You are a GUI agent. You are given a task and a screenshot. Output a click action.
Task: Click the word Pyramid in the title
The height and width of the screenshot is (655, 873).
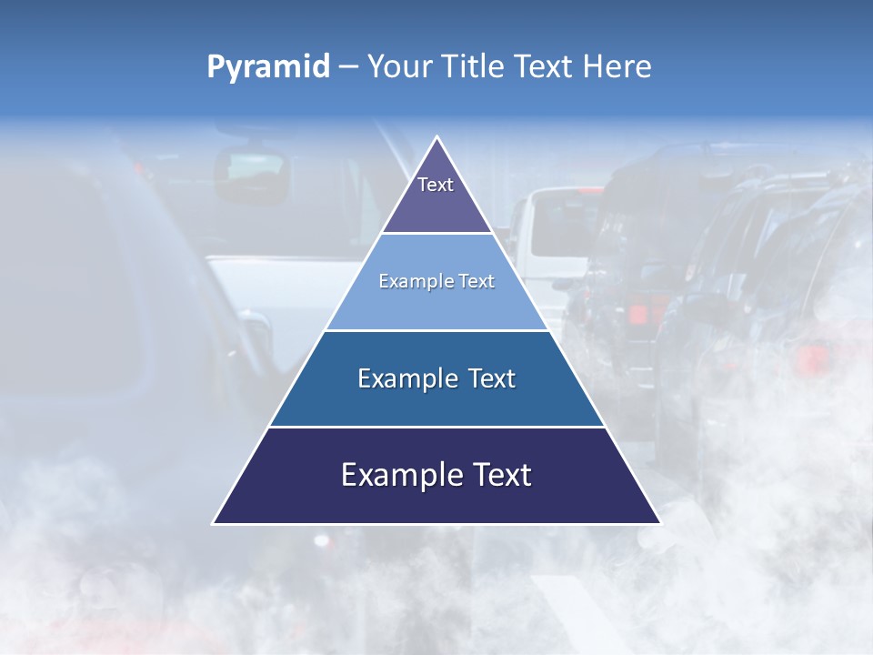tap(268, 67)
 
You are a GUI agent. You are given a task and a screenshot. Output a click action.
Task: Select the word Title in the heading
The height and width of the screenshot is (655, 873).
tap(477, 66)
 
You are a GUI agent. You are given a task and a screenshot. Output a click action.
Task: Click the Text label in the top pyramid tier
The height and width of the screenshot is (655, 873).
tap(436, 185)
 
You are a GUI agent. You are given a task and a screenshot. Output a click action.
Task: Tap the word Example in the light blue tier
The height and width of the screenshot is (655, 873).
tap(414, 282)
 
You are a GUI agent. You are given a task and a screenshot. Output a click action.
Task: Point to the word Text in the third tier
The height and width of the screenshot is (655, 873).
tap(491, 378)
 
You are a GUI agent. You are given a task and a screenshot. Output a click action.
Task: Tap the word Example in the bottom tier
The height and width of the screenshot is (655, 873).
tap(395, 475)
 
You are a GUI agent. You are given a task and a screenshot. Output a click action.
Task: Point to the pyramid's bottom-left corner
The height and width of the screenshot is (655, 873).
tap(215, 522)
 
